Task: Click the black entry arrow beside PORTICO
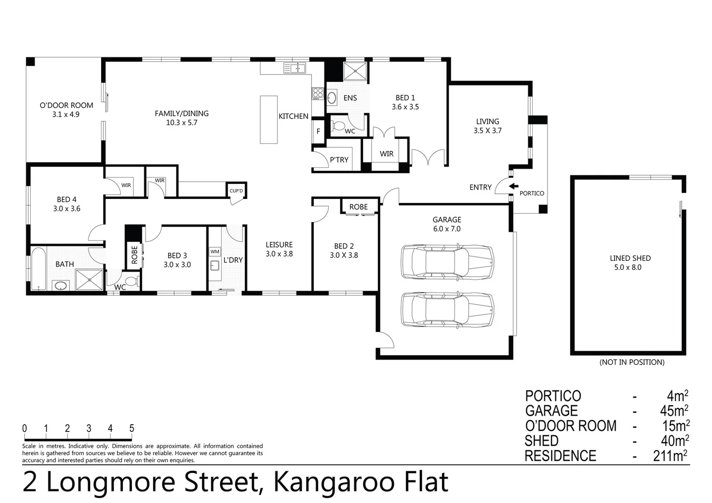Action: tap(514, 186)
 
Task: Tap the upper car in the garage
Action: tap(447, 262)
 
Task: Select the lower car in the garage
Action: tap(447, 310)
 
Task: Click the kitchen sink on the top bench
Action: tap(294, 68)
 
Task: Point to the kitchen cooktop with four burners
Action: tap(318, 93)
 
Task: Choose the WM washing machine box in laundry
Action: tap(215, 251)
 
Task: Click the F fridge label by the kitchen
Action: tap(319, 131)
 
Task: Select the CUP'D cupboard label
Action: tap(236, 191)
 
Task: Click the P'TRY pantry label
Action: tap(339, 160)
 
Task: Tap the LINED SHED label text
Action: tap(630, 258)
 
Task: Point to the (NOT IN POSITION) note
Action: tap(631, 362)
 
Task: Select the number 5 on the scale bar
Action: tap(132, 428)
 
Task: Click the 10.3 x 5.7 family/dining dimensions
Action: tap(182, 122)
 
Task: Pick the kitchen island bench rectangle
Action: tap(269, 120)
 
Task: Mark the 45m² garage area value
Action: tap(673, 411)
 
